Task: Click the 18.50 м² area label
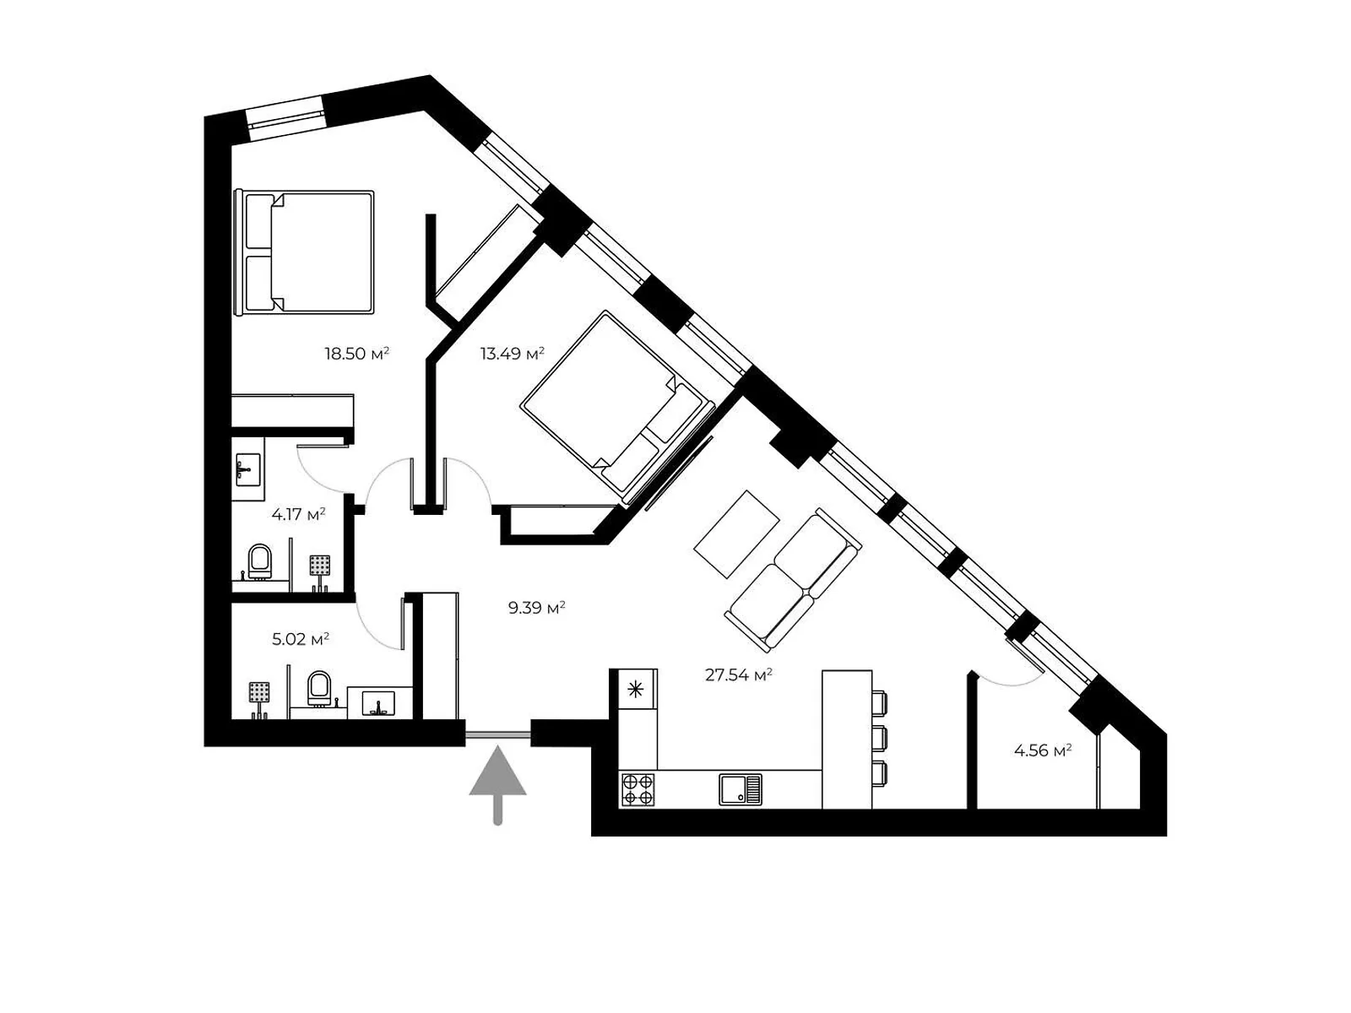coord(356,354)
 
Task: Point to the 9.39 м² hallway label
coord(536,607)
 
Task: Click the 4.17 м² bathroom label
coord(298,513)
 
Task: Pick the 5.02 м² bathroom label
coord(300,639)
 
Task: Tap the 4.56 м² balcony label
coord(1043,750)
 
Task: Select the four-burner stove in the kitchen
coord(638,789)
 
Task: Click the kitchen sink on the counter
coord(741,789)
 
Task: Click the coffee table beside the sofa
coord(736,534)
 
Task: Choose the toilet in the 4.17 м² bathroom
coord(260,561)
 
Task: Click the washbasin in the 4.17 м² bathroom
coord(247,467)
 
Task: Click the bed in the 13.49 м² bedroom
coord(612,404)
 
